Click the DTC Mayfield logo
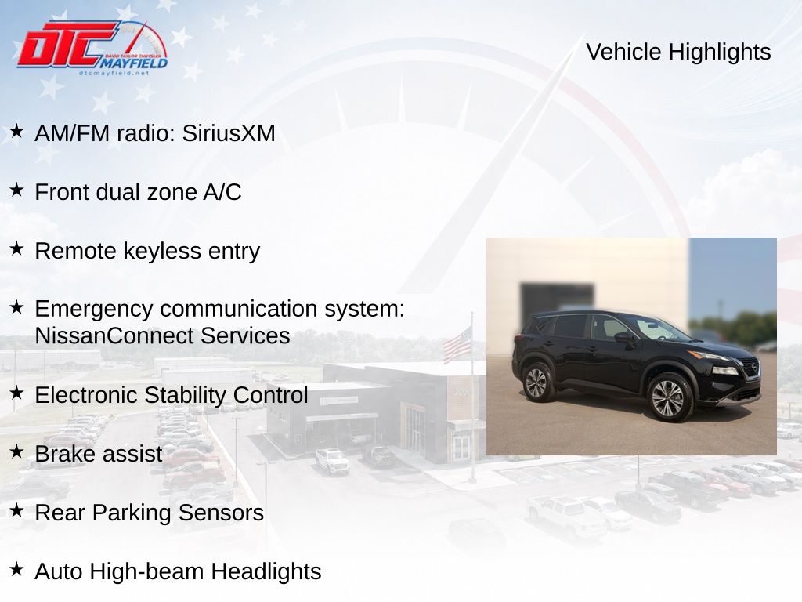[x=92, y=48]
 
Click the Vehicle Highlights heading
[x=678, y=52]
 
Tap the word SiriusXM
[x=229, y=133]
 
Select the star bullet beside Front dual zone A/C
[x=16, y=190]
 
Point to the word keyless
[x=162, y=251]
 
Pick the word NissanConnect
[x=114, y=335]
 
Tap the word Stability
[x=185, y=395]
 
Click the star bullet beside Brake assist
[x=16, y=451]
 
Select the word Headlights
[x=266, y=571]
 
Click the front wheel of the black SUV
[x=668, y=397]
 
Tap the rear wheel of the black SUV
[x=536, y=383]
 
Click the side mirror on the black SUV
[x=624, y=337]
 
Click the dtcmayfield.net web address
[x=114, y=73]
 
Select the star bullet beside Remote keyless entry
[x=16, y=248]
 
